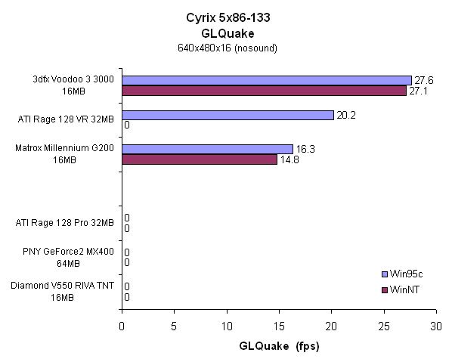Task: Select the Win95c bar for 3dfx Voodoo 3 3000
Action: pos(266,80)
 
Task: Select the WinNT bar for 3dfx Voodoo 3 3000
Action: pos(264,91)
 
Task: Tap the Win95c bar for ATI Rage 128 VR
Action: pos(228,115)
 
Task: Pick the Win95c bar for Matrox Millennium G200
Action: pos(207,149)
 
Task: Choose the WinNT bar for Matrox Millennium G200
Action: pos(200,159)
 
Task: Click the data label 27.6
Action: pos(423,80)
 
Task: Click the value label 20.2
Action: pos(346,115)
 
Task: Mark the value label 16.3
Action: pos(305,149)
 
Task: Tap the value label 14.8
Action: pos(289,159)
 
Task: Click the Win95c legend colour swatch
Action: pos(386,274)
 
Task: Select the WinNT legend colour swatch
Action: pos(386,289)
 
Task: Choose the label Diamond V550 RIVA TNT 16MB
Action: pos(63,292)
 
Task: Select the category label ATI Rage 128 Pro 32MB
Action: pos(65,223)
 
